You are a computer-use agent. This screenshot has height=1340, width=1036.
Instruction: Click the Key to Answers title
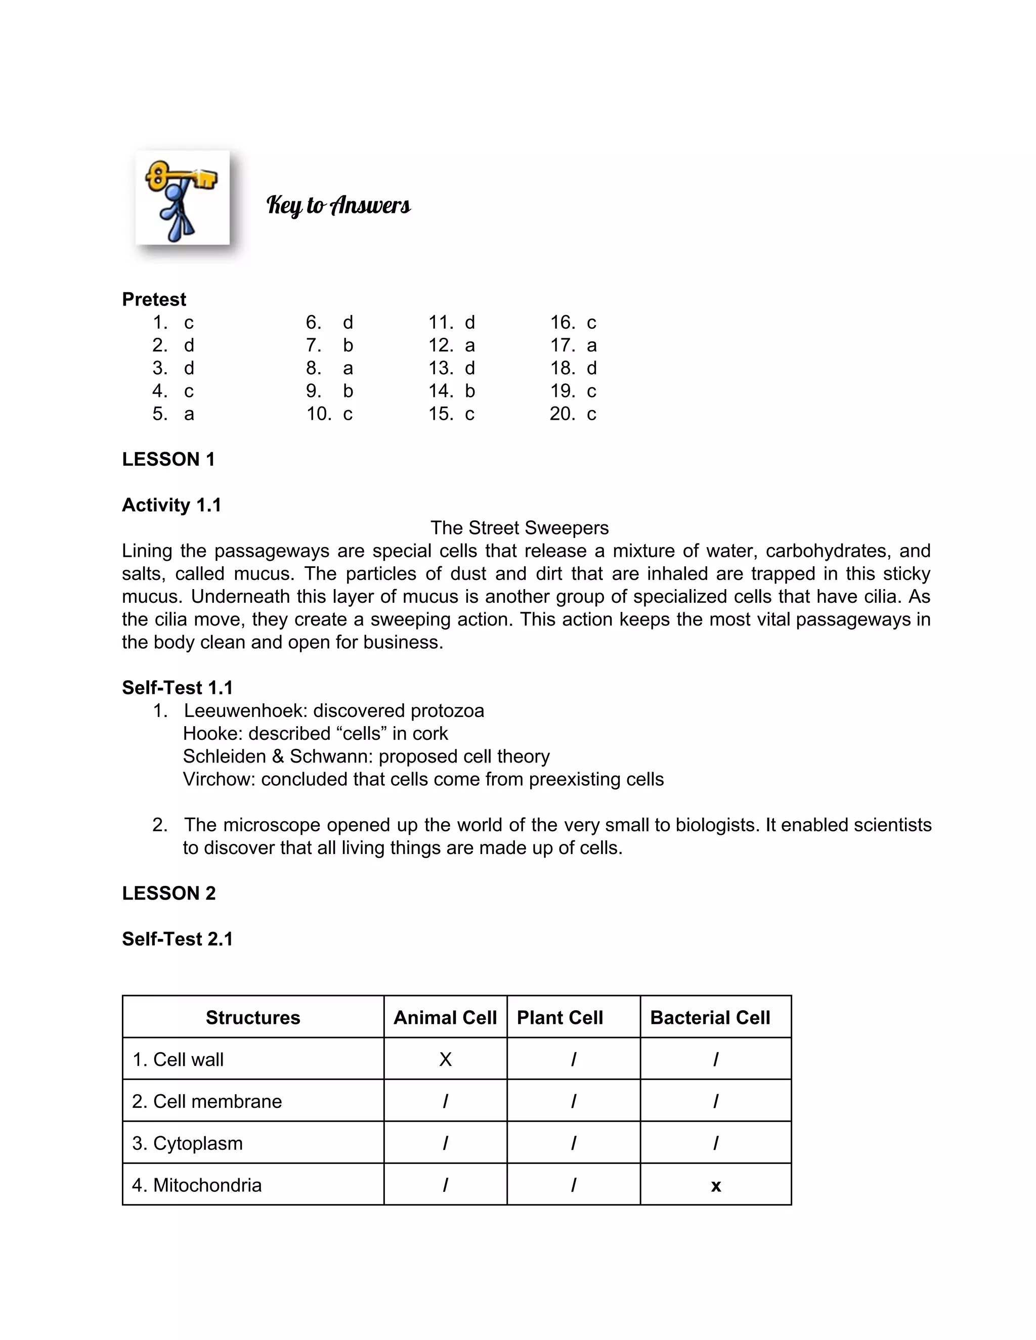coord(338,205)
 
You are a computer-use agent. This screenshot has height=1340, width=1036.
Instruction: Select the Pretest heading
coord(154,299)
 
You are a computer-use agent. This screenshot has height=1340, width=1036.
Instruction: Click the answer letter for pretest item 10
coord(348,414)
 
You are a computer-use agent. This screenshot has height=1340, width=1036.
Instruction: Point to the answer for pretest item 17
coord(592,345)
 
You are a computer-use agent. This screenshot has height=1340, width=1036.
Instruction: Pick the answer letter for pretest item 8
coord(348,368)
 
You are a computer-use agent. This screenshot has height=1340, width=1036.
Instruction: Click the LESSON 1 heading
coord(169,460)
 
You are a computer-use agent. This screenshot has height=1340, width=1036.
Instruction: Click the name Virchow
coord(219,779)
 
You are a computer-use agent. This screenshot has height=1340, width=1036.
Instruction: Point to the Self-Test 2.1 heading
coord(178,939)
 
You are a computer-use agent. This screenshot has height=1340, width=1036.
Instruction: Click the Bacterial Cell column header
coord(710,1018)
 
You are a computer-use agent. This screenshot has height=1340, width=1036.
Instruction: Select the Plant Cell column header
coord(560,1018)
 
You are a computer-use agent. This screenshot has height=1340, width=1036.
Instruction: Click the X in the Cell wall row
coord(446,1059)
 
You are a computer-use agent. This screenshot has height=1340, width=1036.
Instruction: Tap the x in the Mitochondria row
coord(716,1186)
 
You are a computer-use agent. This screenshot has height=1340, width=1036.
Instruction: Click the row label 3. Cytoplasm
coord(187,1143)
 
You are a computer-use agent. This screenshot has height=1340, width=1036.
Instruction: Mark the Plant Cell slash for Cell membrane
coord(573,1102)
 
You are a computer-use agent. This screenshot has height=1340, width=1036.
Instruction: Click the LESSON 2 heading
coord(169,894)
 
